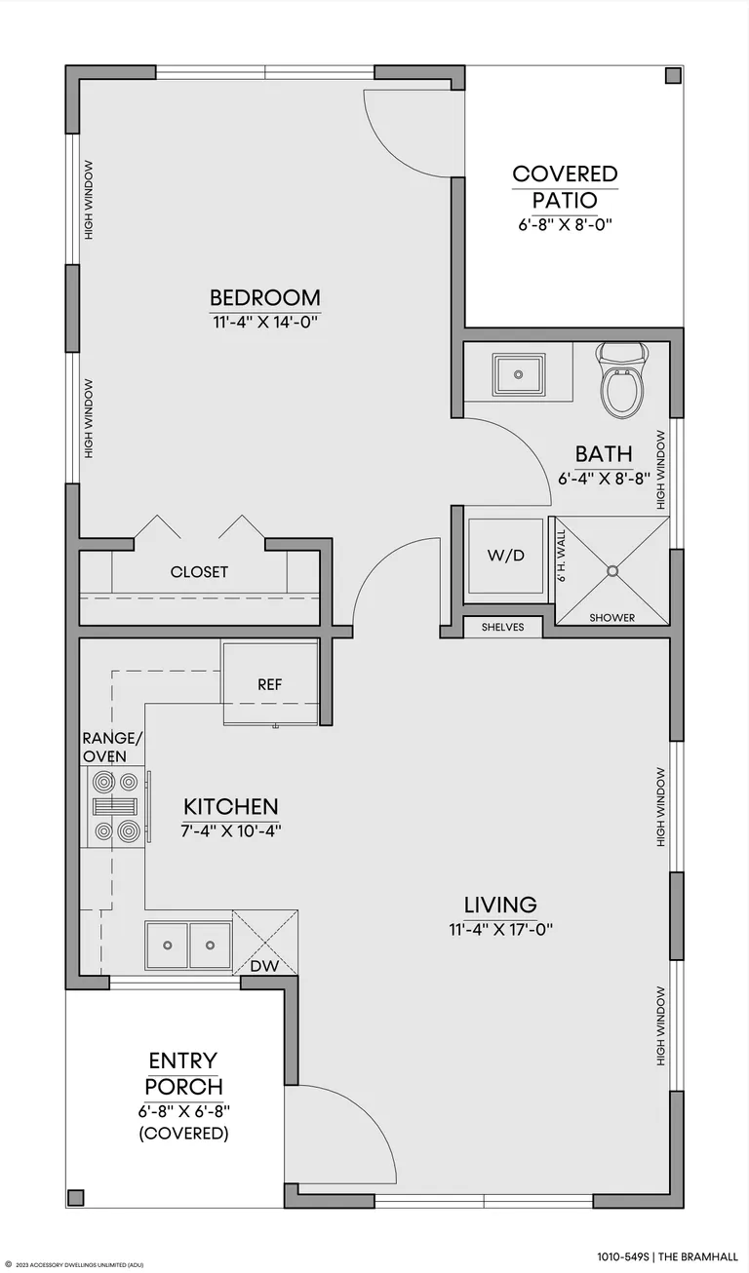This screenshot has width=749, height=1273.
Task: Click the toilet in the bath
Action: tap(622, 379)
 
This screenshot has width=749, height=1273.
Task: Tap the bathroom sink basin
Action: tap(518, 374)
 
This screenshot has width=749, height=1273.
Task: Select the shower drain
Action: tap(612, 570)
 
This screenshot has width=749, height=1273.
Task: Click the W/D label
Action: tap(505, 556)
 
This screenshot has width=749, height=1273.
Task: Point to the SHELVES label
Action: tap(502, 627)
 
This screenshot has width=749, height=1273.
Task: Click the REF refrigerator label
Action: tap(269, 684)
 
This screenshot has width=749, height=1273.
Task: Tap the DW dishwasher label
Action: tap(264, 965)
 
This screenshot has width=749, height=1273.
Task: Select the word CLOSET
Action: tap(199, 572)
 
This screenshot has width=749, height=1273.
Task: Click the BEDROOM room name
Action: tap(265, 298)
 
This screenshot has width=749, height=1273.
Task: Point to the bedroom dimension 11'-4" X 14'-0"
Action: tap(265, 323)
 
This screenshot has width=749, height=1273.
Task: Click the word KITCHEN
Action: tap(231, 806)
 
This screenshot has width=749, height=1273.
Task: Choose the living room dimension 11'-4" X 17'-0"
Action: tap(501, 930)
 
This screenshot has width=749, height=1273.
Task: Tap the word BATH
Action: tap(604, 454)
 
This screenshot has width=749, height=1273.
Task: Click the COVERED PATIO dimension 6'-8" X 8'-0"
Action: tap(565, 224)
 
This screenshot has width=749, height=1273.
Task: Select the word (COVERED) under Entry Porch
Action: tap(183, 1134)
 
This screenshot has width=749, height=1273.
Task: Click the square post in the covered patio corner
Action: tap(673, 76)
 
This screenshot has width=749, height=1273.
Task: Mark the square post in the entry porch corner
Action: tap(76, 1197)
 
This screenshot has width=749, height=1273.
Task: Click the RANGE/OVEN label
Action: tap(112, 747)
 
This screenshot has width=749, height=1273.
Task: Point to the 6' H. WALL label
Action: tap(562, 556)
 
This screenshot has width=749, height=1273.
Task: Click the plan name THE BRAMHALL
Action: tap(698, 1256)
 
